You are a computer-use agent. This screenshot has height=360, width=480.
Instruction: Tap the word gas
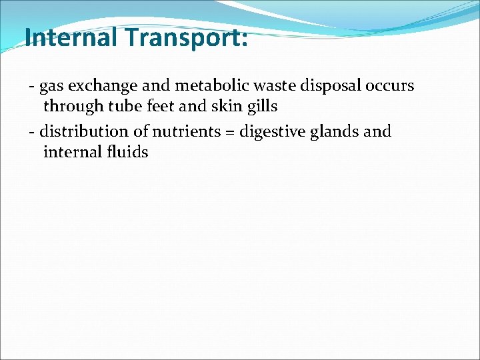[51, 86]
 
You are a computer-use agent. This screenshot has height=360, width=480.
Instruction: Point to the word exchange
[101, 86]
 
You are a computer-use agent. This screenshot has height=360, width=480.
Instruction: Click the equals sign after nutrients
[227, 132]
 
